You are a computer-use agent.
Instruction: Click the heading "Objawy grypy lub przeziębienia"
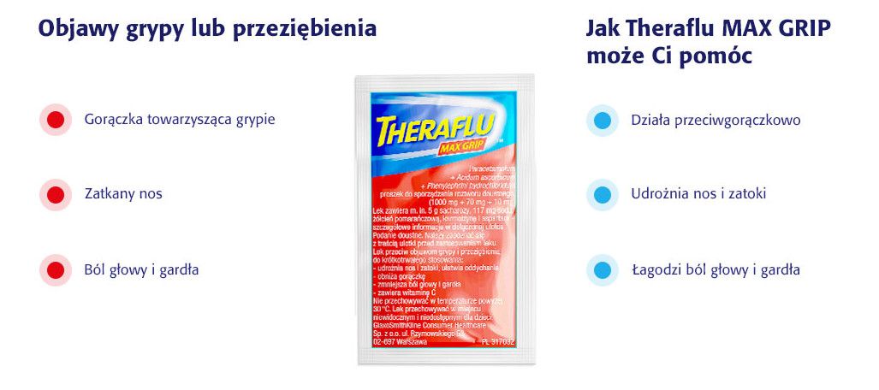207,28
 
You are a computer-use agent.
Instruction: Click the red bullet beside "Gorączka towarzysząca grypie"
56,120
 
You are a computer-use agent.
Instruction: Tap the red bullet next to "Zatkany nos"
56,194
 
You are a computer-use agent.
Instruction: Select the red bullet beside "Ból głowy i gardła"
56,269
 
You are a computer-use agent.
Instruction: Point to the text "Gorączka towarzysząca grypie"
180,120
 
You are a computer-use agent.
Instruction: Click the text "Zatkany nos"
123,194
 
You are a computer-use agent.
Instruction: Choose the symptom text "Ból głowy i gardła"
141,269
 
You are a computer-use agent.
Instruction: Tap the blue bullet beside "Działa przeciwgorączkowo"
603,120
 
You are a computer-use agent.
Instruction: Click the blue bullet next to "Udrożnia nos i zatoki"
603,194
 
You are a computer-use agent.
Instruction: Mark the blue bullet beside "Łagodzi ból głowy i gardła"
603,269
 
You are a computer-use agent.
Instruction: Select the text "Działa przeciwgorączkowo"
716,120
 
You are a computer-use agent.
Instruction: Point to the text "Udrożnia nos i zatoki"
698,194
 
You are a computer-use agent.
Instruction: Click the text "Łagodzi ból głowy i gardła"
716,269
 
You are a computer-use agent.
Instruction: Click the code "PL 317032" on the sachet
497,341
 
